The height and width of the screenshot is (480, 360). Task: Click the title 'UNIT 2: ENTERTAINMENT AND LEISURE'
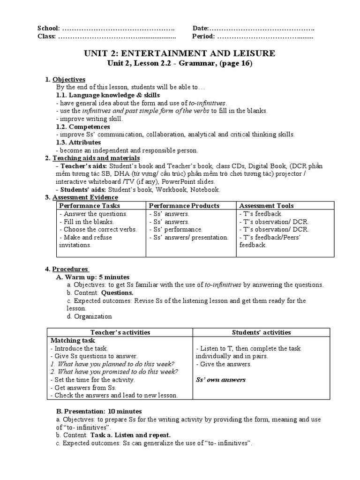click(x=180, y=53)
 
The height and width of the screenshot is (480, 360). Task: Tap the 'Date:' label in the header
click(x=200, y=28)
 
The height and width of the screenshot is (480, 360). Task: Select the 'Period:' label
click(x=203, y=36)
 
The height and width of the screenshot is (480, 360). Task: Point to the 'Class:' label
click(x=46, y=36)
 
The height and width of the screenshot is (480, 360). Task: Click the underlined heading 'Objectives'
click(x=69, y=79)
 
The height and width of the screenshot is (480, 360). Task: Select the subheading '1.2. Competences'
click(x=83, y=127)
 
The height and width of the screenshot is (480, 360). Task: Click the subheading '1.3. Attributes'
click(x=78, y=142)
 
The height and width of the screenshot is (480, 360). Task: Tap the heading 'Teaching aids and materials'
click(x=90, y=158)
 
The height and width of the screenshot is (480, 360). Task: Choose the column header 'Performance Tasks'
click(x=90, y=205)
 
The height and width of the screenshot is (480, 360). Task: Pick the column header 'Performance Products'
click(x=184, y=205)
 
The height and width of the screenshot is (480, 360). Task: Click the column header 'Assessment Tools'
click(x=266, y=205)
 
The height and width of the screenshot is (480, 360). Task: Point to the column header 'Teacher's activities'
click(x=120, y=332)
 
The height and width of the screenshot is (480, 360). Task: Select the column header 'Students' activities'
click(x=262, y=332)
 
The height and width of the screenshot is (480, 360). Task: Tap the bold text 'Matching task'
click(x=73, y=340)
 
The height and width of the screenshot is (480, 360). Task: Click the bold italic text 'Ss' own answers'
click(x=220, y=380)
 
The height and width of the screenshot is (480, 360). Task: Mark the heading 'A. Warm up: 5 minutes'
click(x=93, y=277)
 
